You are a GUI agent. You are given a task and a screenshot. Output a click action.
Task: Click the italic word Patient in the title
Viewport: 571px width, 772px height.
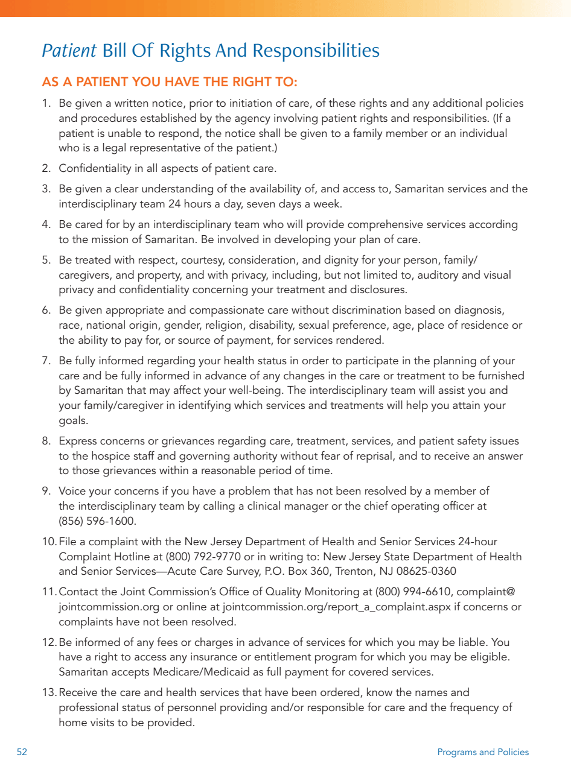pyautogui.click(x=69, y=51)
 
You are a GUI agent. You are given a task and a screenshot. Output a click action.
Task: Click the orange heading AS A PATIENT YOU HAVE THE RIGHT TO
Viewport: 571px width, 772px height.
pyautogui.click(x=170, y=82)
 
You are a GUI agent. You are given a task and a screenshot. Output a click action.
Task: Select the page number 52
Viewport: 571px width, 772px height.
pyautogui.click(x=22, y=752)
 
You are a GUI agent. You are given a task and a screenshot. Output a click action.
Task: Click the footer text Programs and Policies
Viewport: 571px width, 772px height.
pyautogui.click(x=482, y=752)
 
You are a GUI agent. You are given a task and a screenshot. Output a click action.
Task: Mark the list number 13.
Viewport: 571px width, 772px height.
pyautogui.click(x=49, y=692)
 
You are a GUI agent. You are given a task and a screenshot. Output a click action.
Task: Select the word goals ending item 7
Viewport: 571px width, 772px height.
pyautogui.click(x=73, y=420)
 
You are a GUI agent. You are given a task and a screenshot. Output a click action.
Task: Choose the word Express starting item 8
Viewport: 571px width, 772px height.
pyautogui.click(x=77, y=441)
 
